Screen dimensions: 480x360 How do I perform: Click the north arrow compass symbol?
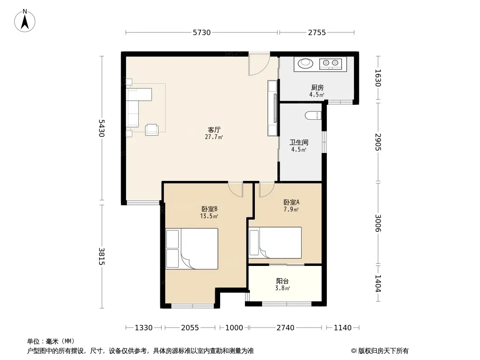coord(25,21)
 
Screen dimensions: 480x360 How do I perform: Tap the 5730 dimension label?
coord(202,32)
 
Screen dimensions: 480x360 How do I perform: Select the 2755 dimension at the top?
coord(317,32)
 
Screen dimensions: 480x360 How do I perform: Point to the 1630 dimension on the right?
coord(378,78)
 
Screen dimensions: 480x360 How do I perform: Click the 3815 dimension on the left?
coord(102,256)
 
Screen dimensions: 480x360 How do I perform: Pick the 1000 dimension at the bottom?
coord(234,328)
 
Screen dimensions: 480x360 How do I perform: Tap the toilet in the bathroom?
coord(313,116)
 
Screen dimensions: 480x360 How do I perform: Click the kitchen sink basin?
coord(305,63)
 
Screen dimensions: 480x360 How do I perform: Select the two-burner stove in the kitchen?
coord(331,63)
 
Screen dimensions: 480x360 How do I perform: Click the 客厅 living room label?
coord(214,130)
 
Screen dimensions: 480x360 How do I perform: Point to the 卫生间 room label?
coord(299,143)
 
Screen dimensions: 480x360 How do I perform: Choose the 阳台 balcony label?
coord(282,281)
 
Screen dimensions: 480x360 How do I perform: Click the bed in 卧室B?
coord(192,249)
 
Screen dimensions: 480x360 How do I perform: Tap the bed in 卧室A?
coord(275,243)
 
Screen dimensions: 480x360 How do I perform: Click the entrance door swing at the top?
coord(259,65)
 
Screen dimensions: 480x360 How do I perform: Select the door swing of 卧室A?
coord(267,189)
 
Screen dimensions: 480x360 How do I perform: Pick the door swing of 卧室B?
coord(235,189)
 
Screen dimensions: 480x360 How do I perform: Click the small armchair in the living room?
coord(152,130)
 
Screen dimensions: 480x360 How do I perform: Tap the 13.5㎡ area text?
coord(209,216)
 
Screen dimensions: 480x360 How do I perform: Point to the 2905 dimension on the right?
coord(378,142)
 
